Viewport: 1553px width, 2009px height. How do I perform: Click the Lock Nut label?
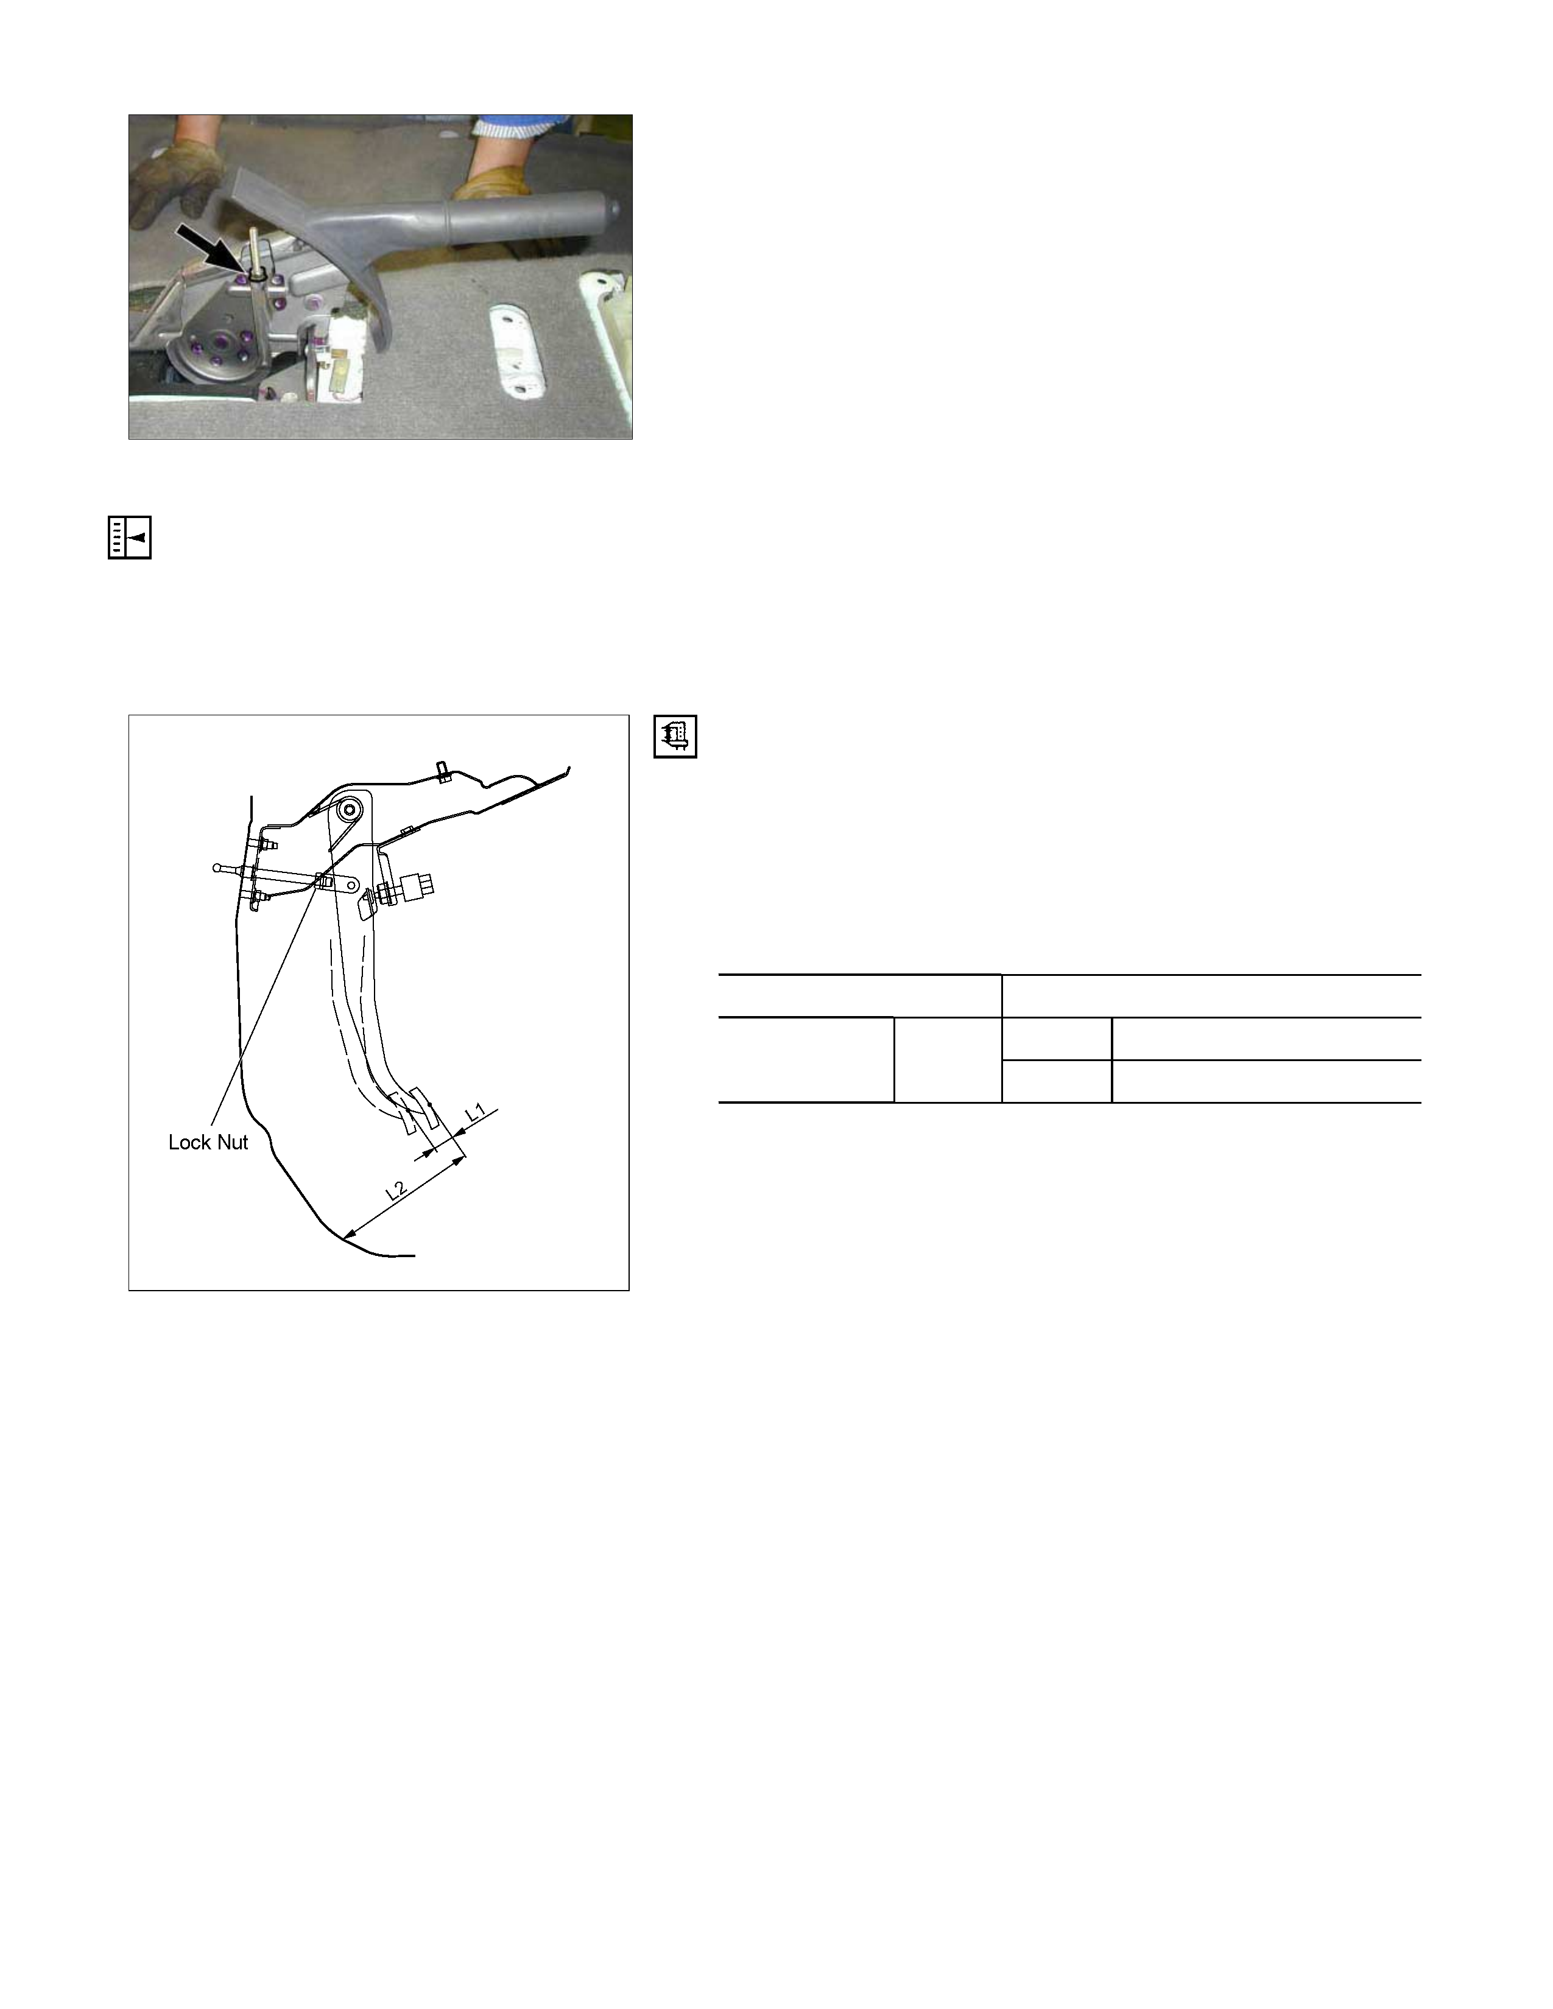point(208,1143)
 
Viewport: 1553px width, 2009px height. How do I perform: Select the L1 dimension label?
point(476,1113)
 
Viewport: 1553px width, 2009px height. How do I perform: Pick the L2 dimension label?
point(396,1191)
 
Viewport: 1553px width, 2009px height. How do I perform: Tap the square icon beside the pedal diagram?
point(675,737)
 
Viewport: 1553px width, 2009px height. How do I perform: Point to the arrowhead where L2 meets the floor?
point(347,1233)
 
